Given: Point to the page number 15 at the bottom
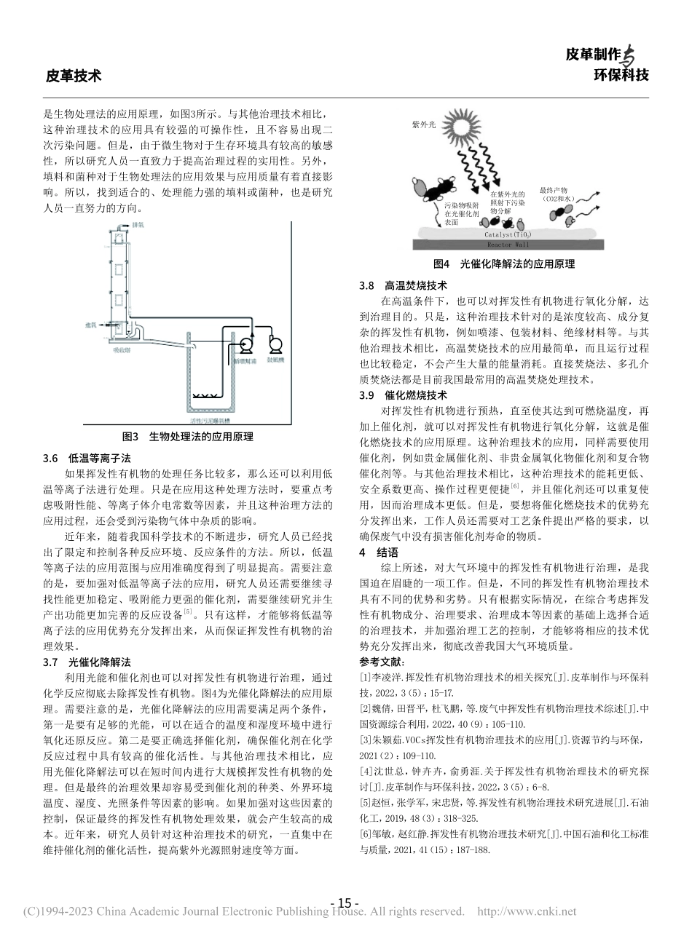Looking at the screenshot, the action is tap(345, 903).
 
